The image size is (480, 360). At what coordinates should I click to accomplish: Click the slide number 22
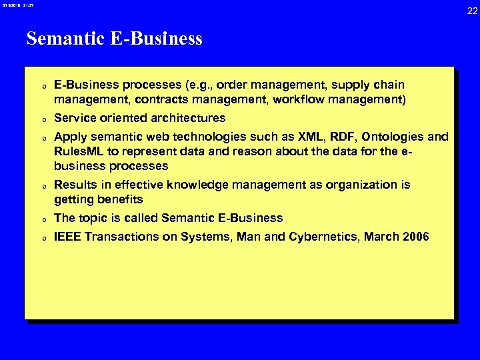coord(472,11)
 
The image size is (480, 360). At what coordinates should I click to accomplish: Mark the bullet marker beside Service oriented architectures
coord(43,119)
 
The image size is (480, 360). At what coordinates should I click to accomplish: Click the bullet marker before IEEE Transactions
coord(43,237)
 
